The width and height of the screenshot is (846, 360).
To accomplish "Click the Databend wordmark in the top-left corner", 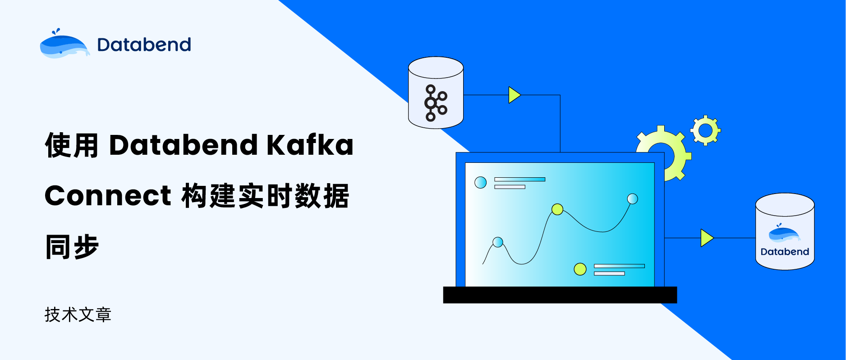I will (144, 45).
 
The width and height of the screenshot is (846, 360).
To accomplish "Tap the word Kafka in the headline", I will (310, 145).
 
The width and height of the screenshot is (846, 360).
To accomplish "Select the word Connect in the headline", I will (108, 196).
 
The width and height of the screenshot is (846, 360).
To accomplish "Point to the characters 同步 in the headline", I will (72, 247).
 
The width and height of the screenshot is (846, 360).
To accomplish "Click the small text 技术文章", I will (78, 314).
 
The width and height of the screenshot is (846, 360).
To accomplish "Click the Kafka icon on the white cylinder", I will (435, 103).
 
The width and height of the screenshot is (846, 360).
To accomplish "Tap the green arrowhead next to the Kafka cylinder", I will (514, 95).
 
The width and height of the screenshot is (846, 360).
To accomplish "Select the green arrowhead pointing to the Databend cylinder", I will (707, 238).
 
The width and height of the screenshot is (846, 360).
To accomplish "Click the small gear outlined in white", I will (706, 130).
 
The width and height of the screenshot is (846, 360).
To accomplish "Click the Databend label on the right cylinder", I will (785, 252).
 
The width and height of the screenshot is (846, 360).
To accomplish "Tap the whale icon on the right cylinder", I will (784, 233).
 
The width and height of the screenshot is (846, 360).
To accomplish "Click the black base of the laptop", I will (560, 295).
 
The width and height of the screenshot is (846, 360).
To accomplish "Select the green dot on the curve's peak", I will (557, 209).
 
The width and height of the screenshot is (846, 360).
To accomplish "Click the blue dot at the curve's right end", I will (633, 198).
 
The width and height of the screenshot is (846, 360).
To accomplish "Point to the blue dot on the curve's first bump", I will (498, 242).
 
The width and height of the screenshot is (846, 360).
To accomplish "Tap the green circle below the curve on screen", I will (580, 269).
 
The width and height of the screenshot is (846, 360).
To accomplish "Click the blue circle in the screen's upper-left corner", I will (481, 183).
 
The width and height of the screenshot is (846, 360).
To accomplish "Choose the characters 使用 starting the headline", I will (72, 145).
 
